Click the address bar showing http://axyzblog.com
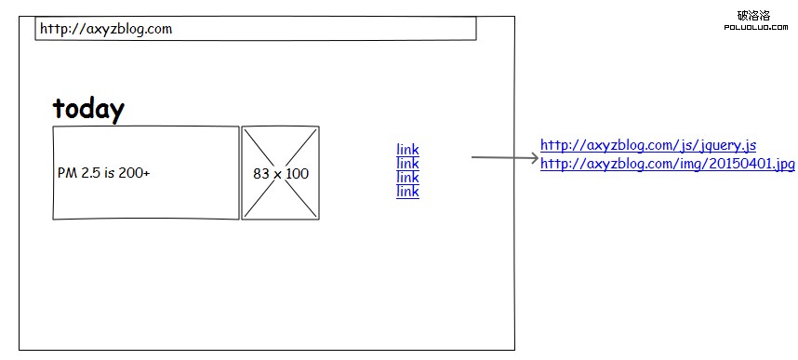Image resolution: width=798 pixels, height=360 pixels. [x=256, y=29]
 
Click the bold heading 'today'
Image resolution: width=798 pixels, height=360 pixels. [x=88, y=109]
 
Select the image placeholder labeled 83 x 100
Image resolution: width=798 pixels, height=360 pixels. [x=281, y=173]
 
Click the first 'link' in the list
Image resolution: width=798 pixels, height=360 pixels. [x=407, y=149]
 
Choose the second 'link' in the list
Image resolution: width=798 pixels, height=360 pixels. [x=407, y=163]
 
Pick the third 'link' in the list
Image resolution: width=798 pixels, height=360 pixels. [x=407, y=177]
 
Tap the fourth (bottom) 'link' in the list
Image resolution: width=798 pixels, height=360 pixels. [x=407, y=191]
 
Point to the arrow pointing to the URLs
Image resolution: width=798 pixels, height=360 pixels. [x=502, y=157]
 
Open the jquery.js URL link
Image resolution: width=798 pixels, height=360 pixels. [x=648, y=145]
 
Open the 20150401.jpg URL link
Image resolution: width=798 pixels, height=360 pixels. [x=667, y=164]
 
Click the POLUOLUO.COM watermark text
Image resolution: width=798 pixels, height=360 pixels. [x=752, y=28]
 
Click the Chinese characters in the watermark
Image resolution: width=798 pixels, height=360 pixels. [x=752, y=15]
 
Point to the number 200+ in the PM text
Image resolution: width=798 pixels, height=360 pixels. [x=134, y=174]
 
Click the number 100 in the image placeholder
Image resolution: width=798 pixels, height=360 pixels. [x=297, y=174]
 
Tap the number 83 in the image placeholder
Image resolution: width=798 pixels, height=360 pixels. [x=260, y=174]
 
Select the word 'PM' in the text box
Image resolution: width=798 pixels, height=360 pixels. [x=66, y=174]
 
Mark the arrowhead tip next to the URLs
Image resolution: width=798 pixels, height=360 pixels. [x=536, y=157]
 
